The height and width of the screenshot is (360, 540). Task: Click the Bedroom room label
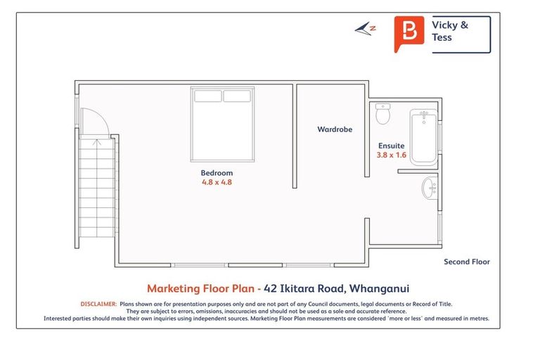217,172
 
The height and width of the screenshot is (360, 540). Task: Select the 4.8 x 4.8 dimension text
217,182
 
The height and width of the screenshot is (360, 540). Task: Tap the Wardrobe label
335,129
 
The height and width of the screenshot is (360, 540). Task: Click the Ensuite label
391,146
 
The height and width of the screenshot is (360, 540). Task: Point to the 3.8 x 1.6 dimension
392,155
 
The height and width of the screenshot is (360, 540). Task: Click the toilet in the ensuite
383,112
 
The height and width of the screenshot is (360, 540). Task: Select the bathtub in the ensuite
423,136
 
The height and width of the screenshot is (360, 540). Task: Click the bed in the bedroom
224,124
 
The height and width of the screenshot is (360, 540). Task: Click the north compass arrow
366,29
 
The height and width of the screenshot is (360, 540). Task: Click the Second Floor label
466,262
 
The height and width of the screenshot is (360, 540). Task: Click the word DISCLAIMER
98,304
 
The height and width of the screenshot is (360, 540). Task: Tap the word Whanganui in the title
380,288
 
